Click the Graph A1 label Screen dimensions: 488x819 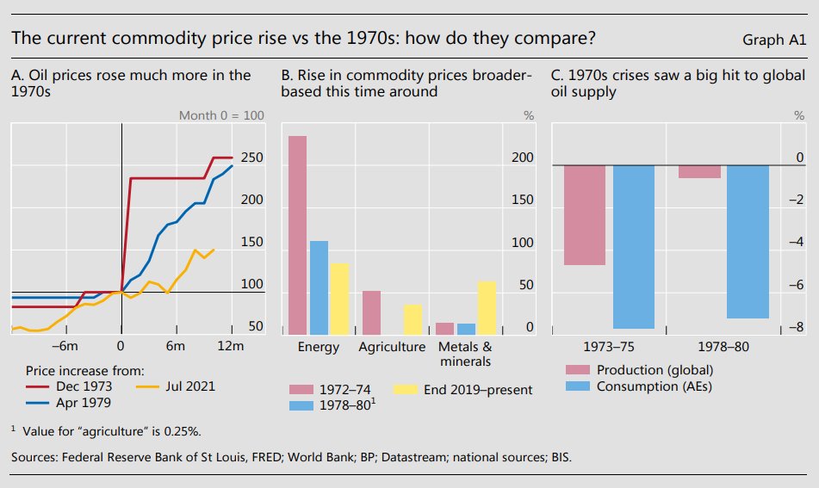[x=773, y=40]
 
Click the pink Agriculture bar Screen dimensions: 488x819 [x=371, y=312]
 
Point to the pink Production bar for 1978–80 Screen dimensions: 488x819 [x=699, y=171]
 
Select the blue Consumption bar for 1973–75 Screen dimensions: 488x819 [x=634, y=247]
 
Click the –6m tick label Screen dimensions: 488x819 [x=65, y=346]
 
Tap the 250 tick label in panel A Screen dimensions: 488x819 [x=251, y=158]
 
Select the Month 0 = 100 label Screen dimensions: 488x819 [x=221, y=115]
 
